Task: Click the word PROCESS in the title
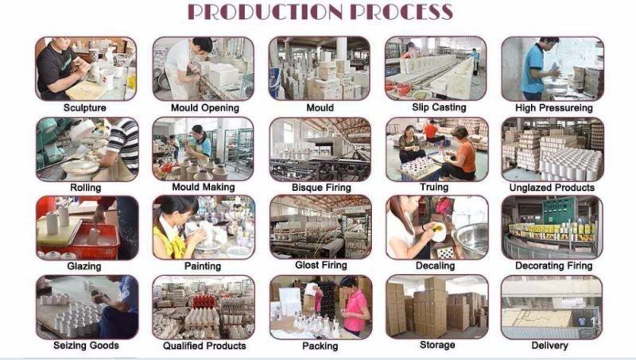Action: (x=401, y=12)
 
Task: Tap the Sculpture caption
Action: (x=85, y=108)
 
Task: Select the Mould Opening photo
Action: (x=204, y=68)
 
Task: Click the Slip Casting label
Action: (x=439, y=107)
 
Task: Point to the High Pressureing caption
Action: (x=553, y=108)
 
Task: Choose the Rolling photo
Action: (x=87, y=149)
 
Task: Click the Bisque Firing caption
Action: (x=321, y=188)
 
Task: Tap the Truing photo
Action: (x=436, y=149)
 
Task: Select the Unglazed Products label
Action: (x=552, y=188)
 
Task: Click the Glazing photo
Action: (x=87, y=228)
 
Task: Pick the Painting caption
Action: (x=203, y=266)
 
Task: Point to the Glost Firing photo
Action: (x=320, y=226)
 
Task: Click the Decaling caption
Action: (x=435, y=266)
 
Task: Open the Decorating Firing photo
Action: (x=552, y=228)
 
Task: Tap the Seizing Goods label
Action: (x=86, y=346)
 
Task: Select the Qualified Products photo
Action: (x=204, y=308)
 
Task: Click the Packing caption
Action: (x=320, y=346)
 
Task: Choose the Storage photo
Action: (x=436, y=307)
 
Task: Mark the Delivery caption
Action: (x=549, y=346)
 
